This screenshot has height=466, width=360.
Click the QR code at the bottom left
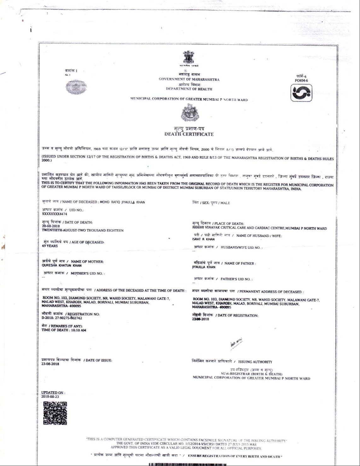coord(55,413)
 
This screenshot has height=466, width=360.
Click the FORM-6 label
coord(301,80)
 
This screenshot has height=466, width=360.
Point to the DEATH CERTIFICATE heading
coord(189,134)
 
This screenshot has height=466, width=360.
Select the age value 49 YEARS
coord(50,246)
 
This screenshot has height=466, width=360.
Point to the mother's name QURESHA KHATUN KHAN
coord(60,265)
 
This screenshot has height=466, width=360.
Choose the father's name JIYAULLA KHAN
coord(204,267)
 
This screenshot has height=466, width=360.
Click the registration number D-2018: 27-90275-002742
coord(62,318)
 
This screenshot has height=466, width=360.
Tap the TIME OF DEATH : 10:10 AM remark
coord(64,330)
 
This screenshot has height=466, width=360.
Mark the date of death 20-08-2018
coord(50,226)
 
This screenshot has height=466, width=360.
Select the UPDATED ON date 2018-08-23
coord(50,397)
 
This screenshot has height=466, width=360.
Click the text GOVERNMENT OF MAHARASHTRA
coord(189,80)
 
